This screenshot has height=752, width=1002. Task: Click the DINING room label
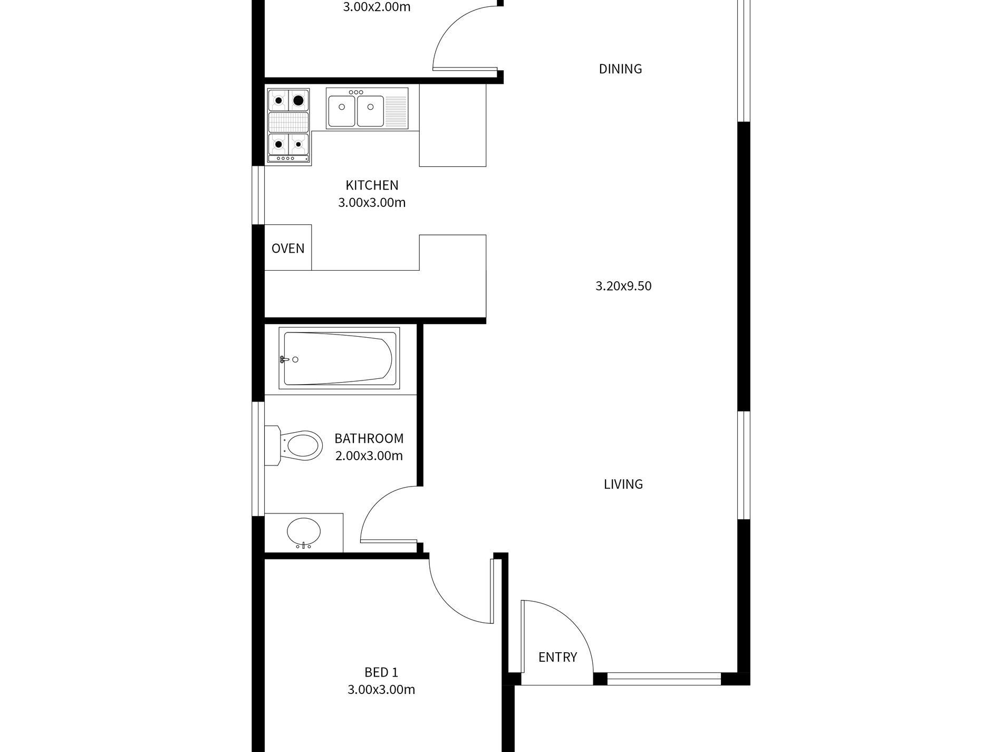[620, 69]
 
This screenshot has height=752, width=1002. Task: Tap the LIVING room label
[623, 484]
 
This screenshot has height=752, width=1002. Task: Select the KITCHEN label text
[372, 185]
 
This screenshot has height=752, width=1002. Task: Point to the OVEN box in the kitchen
[288, 248]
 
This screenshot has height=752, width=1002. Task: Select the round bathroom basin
[303, 532]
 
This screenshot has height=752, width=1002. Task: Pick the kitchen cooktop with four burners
[288, 126]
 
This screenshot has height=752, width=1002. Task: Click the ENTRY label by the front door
[557, 657]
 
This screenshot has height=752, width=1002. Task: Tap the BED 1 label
[381, 672]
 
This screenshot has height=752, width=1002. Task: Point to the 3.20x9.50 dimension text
[623, 286]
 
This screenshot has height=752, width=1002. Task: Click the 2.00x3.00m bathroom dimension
[369, 456]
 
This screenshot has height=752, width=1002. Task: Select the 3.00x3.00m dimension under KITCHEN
[372, 203]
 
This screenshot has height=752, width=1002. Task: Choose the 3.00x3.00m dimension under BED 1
[381, 690]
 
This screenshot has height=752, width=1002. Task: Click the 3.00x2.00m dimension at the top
[377, 7]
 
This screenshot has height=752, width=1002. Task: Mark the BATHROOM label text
[369, 439]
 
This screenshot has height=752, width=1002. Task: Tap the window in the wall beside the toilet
[258, 459]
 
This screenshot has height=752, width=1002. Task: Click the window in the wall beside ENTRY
[663, 679]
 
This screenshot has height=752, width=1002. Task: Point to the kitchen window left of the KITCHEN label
[258, 195]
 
